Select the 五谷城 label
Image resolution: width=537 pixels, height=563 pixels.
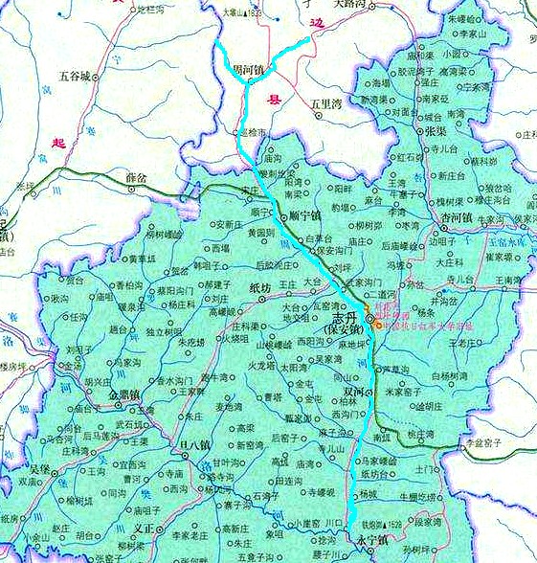(x=76, y=75)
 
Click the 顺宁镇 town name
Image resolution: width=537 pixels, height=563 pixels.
(x=305, y=215)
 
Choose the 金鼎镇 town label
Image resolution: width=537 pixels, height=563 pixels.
(x=124, y=393)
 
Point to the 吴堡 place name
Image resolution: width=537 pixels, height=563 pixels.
(x=39, y=469)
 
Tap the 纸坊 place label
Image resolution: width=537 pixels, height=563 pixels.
(x=260, y=287)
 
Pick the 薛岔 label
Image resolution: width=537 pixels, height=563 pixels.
(x=137, y=178)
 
